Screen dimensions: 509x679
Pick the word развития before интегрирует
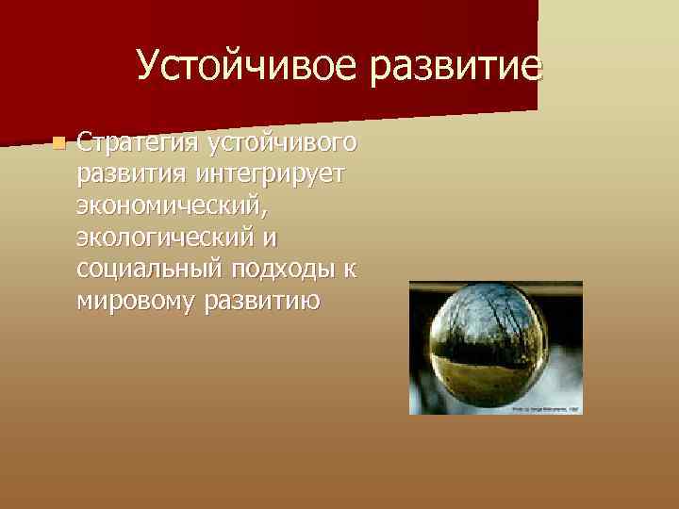click(133, 176)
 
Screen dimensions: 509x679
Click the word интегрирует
click(273, 176)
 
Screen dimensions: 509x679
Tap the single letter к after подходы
click(350, 270)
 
